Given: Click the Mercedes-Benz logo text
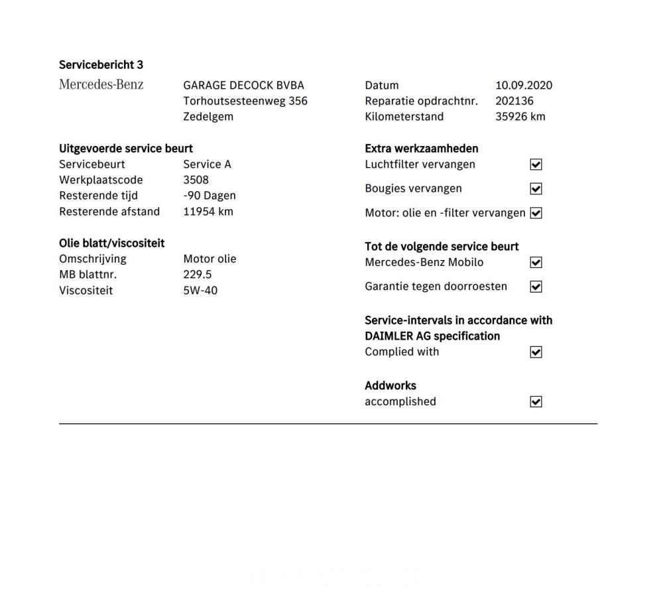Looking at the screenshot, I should (101, 85).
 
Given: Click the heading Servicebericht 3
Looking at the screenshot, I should (101, 65).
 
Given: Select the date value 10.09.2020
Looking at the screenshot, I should (524, 86).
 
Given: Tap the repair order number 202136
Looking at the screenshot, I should (514, 101).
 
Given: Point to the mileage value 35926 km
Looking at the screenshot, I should (520, 117).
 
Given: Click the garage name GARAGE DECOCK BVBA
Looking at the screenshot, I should (243, 86).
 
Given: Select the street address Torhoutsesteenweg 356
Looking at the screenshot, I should (245, 101).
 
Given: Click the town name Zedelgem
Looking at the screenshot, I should (208, 117).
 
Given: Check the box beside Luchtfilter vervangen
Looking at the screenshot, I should (536, 165).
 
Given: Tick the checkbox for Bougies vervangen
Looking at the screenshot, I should (536, 189).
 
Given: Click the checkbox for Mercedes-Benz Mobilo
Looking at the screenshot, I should (536, 263).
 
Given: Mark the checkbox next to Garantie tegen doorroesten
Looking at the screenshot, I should (536, 287).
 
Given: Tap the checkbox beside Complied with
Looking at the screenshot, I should (536, 352).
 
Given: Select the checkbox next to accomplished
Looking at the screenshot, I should (536, 402).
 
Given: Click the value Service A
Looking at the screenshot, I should (207, 165).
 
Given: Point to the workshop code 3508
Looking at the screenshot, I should (196, 180).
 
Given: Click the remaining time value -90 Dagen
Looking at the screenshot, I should (210, 196).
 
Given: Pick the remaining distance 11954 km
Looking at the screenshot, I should (208, 212).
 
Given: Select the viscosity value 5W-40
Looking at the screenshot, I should (200, 291).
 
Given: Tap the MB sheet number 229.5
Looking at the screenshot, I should (198, 275).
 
